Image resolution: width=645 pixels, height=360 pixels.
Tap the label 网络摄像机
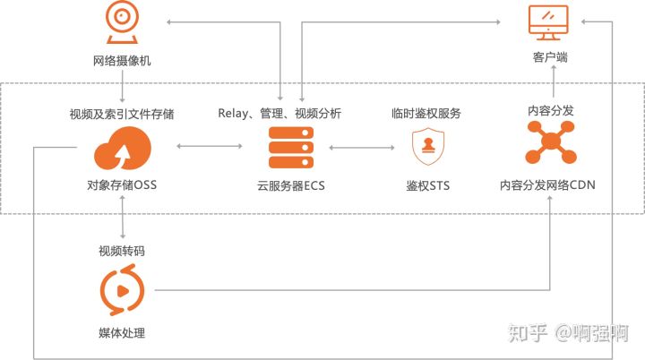click(x=121, y=62)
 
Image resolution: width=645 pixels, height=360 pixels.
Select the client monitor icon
click(x=549, y=21)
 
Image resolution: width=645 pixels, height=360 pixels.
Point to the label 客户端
click(x=549, y=58)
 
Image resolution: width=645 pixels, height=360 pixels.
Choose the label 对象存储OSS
click(x=121, y=186)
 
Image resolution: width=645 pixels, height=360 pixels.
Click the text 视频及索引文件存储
click(x=121, y=114)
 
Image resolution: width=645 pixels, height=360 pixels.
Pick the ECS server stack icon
click(x=291, y=148)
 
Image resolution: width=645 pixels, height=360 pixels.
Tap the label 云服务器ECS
click(x=291, y=186)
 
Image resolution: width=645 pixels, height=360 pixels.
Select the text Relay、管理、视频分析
click(x=279, y=114)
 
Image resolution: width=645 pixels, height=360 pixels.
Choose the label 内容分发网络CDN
click(x=548, y=186)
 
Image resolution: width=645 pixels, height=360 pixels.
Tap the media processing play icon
click(x=121, y=289)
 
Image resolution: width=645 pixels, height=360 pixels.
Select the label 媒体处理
click(x=121, y=333)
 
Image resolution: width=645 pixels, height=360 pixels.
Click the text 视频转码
click(x=121, y=251)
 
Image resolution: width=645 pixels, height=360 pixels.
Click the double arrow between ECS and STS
click(x=362, y=146)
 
